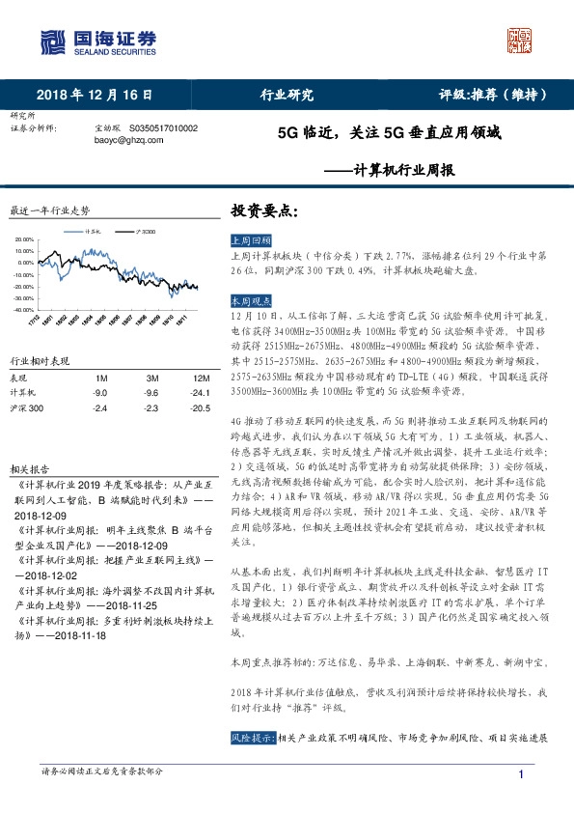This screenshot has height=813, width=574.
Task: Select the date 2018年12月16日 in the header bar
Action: tap(96, 95)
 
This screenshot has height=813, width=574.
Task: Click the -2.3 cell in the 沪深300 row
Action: tap(152, 409)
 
